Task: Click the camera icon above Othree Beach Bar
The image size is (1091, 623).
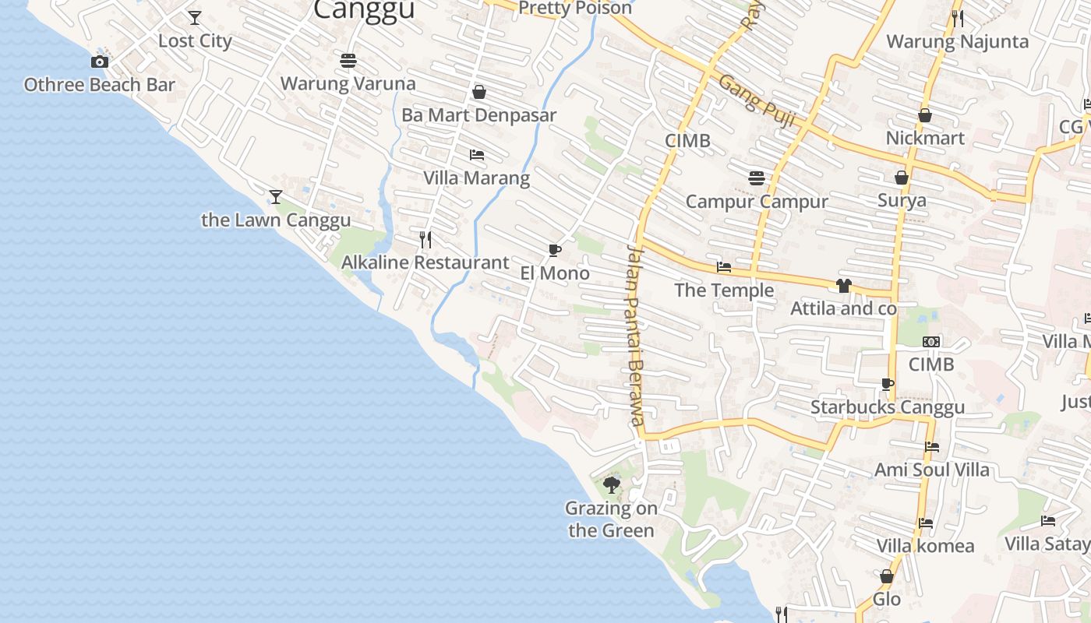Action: [x=99, y=62]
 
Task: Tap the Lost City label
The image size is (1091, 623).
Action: [x=195, y=40]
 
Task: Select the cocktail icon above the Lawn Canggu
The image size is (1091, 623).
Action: [x=275, y=196]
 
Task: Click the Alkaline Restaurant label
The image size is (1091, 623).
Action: [x=425, y=262]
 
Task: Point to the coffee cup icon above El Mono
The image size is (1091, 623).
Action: [x=554, y=250]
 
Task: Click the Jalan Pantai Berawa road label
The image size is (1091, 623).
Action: [x=635, y=335]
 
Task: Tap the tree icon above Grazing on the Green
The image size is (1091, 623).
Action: [x=612, y=485]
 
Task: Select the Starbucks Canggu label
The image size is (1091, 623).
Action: [x=887, y=407]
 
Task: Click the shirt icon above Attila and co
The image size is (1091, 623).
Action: [x=843, y=286]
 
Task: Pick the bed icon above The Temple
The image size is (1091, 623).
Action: [x=724, y=267]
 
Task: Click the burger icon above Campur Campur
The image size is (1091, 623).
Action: [x=756, y=178]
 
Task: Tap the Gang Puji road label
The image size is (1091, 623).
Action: [x=756, y=102]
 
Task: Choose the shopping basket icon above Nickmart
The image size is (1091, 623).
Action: [x=925, y=115]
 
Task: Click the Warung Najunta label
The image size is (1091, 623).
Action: [x=957, y=41]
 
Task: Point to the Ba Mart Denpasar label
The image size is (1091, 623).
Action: [x=478, y=115]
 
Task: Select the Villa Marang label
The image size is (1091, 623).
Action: [x=476, y=178]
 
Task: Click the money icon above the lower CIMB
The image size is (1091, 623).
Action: [x=930, y=342]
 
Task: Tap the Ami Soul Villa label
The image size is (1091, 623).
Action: [x=931, y=470]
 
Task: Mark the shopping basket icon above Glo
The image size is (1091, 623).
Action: [x=886, y=576]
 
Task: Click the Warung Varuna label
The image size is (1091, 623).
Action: [x=348, y=83]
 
